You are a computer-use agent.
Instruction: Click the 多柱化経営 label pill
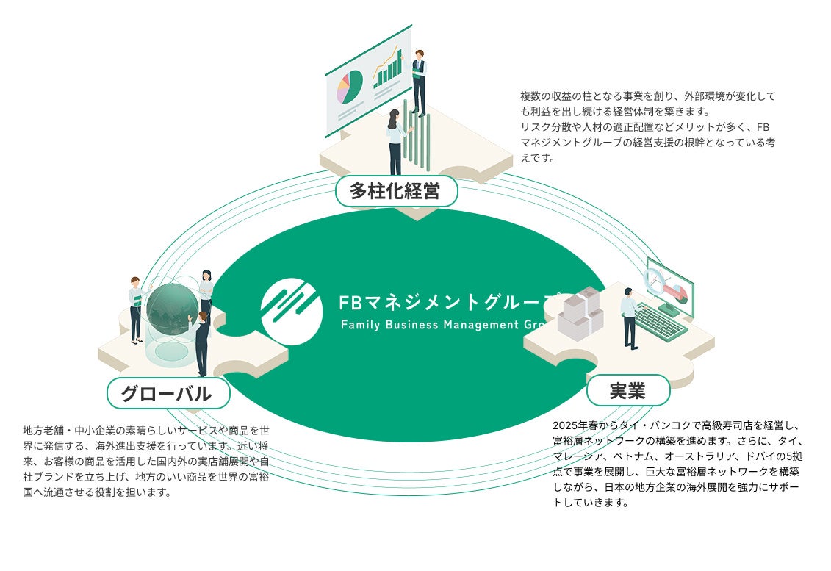(x=396, y=192)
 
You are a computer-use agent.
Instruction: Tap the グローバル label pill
(x=168, y=393)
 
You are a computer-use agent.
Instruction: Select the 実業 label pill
(x=628, y=390)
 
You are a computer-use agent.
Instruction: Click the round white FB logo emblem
(x=292, y=312)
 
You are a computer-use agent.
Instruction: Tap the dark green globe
(x=172, y=309)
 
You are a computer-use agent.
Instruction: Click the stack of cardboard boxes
(x=580, y=315)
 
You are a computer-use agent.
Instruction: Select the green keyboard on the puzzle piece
(x=660, y=321)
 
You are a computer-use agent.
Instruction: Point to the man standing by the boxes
(x=630, y=318)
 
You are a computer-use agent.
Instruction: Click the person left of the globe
(x=135, y=309)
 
